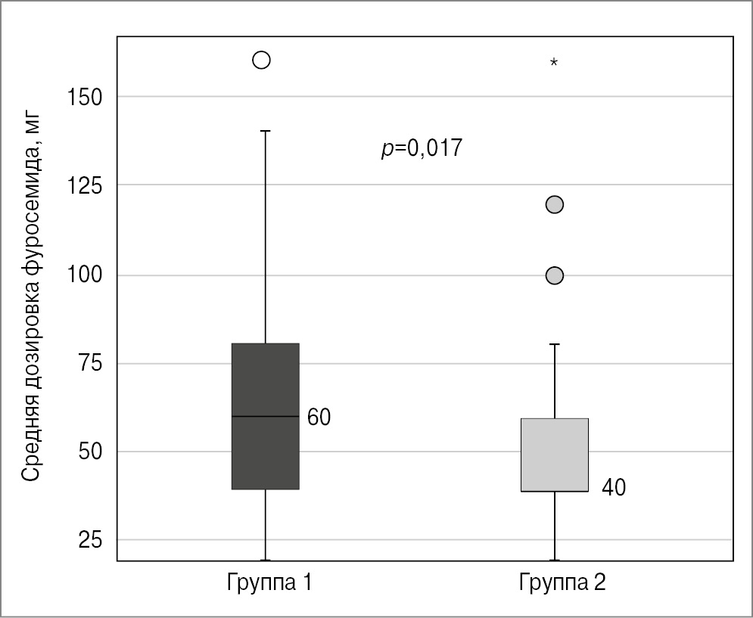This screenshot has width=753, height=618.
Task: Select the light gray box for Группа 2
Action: click(x=555, y=455)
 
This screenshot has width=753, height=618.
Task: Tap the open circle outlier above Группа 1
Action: click(x=261, y=61)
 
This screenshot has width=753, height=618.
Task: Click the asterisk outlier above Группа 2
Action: click(x=554, y=63)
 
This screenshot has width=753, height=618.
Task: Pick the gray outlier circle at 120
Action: click(x=555, y=204)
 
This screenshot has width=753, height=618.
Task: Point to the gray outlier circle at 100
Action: click(x=555, y=275)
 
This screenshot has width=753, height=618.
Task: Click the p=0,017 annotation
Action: click(x=421, y=148)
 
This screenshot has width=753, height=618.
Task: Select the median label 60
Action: click(x=319, y=418)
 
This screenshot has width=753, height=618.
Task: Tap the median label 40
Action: click(x=613, y=488)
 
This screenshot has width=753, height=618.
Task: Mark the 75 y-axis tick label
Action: click(x=90, y=364)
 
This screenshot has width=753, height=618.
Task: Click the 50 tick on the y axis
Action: click(x=90, y=452)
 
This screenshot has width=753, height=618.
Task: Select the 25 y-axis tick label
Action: click(x=90, y=540)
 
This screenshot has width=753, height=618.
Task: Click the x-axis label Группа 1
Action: click(x=269, y=583)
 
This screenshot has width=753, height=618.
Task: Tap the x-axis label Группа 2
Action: click(x=562, y=583)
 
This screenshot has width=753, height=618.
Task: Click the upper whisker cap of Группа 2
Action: click(x=555, y=344)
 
